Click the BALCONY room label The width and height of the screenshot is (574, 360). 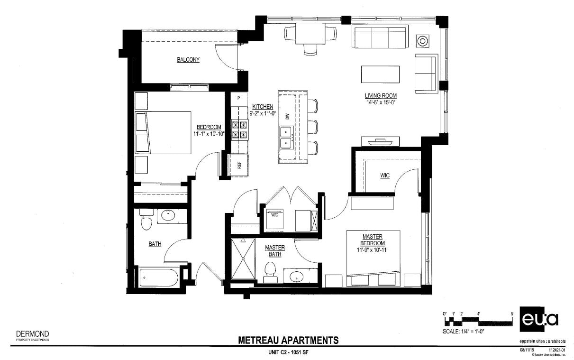click(188, 60)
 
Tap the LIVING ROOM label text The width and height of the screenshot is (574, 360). click(380, 96)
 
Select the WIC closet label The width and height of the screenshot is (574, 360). click(384, 175)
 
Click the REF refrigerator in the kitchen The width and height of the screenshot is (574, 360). click(239, 166)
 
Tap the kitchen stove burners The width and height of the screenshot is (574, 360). click(239, 129)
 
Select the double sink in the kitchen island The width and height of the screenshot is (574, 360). click(286, 137)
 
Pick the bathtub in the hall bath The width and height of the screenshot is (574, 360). click(159, 277)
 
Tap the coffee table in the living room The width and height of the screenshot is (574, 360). click(381, 74)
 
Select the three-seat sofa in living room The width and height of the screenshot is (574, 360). click(380, 37)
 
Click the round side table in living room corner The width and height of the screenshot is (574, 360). click(422, 41)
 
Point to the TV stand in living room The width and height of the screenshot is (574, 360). click(380, 141)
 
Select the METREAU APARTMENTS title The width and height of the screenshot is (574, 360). click(288, 340)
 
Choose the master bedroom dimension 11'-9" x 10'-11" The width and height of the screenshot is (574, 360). click(373, 249)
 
